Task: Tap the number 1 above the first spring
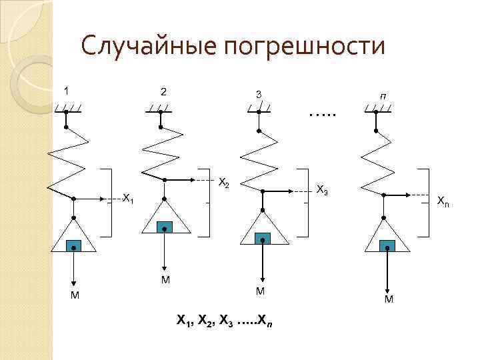pyautogui.click(x=67, y=90)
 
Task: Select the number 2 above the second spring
pyautogui.click(x=163, y=91)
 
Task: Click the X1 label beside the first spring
pyautogui.click(x=128, y=199)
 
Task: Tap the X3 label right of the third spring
pyautogui.click(x=321, y=190)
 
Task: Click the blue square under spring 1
pyautogui.click(x=75, y=246)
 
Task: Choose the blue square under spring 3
pyautogui.click(x=263, y=238)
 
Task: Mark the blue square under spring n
pyautogui.click(x=387, y=246)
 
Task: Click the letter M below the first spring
pyautogui.click(x=74, y=295)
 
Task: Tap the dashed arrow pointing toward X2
pyautogui.click(x=193, y=179)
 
